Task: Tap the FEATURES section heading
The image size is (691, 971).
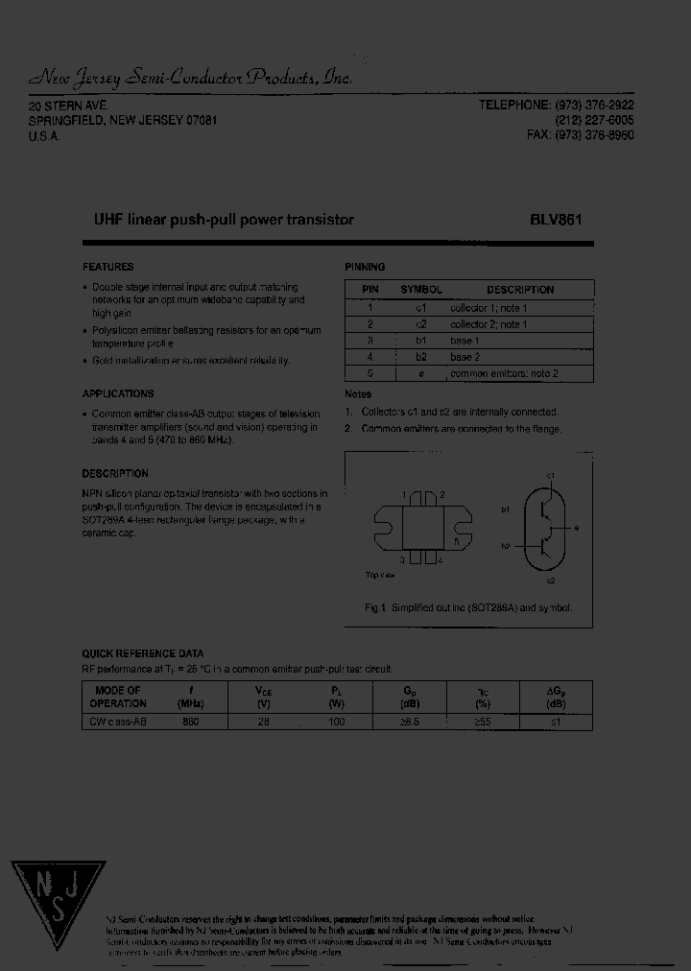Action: click(x=108, y=267)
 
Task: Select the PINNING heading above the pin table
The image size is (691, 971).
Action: click(x=365, y=267)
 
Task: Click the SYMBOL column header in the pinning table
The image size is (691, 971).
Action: click(x=421, y=289)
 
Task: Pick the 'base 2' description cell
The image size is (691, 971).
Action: click(x=465, y=357)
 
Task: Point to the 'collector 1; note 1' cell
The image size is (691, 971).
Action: click(x=488, y=308)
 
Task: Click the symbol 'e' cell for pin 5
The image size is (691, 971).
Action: click(x=421, y=373)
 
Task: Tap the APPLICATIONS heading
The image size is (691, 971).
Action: click(x=118, y=393)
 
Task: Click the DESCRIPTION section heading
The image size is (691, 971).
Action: click(x=115, y=473)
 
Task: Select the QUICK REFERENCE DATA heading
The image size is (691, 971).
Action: click(x=143, y=653)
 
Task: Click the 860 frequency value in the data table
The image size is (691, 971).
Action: click(x=190, y=722)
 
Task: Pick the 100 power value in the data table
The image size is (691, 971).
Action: click(x=336, y=722)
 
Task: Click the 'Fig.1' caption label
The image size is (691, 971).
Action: click(x=374, y=607)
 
